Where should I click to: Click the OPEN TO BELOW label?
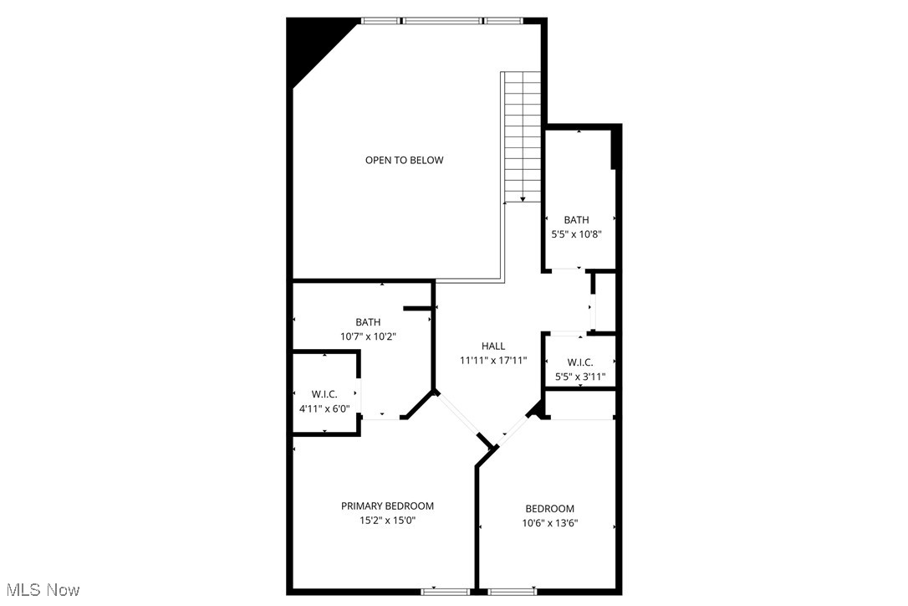point(404,160)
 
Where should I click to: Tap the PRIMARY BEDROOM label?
point(387,506)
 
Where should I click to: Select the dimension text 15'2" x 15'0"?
point(387,520)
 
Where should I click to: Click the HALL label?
point(493,346)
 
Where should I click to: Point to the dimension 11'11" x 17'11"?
point(493,361)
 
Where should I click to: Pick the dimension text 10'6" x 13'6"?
point(550,523)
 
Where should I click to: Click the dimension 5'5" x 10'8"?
point(576,235)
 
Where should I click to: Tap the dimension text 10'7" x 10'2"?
point(368,336)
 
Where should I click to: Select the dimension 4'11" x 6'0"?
point(324,408)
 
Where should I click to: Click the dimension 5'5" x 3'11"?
point(580,377)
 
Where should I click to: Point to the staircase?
point(522,134)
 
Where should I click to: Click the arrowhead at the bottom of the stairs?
point(523,199)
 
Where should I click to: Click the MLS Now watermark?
point(40,590)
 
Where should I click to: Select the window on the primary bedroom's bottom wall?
point(443,592)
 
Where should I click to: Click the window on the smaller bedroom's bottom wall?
point(512,592)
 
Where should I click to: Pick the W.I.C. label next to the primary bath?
point(324,394)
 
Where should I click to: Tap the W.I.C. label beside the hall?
point(580,362)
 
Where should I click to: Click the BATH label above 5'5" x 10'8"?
point(576,220)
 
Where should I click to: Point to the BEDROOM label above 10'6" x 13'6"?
point(550,509)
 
